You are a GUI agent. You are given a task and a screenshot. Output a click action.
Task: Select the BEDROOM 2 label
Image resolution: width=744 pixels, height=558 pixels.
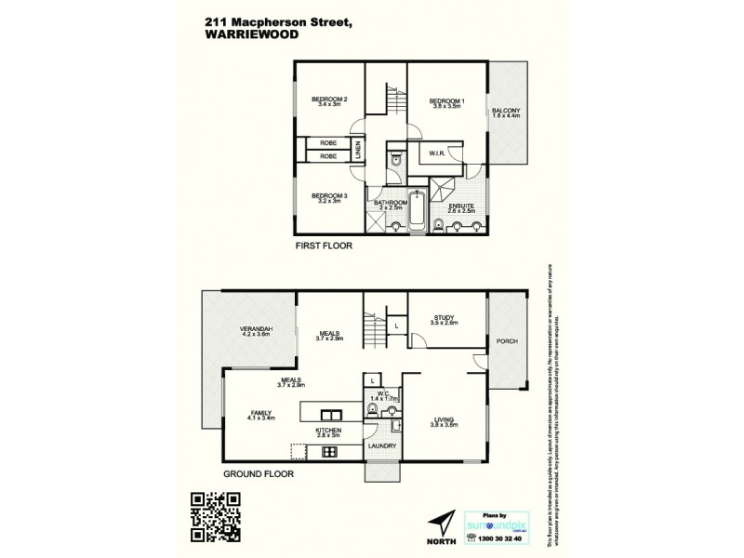[329, 100]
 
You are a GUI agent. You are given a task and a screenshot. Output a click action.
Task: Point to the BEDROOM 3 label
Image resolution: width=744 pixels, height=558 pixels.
[329, 195]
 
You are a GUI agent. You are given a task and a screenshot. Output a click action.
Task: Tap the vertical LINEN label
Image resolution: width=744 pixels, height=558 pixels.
[357, 150]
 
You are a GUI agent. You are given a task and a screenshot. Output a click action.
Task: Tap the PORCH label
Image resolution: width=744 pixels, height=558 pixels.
[507, 341]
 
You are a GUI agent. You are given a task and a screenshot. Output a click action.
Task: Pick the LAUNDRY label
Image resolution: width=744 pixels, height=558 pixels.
[382, 446]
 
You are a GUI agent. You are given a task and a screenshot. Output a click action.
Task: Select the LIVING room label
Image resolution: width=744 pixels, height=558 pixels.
[445, 420]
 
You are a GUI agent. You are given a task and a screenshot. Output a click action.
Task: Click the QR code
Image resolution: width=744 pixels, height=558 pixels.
[216, 513]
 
